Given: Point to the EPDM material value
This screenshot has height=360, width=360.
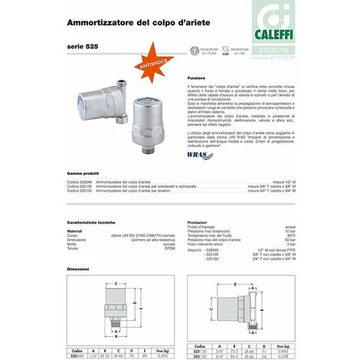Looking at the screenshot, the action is tap(163, 247).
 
